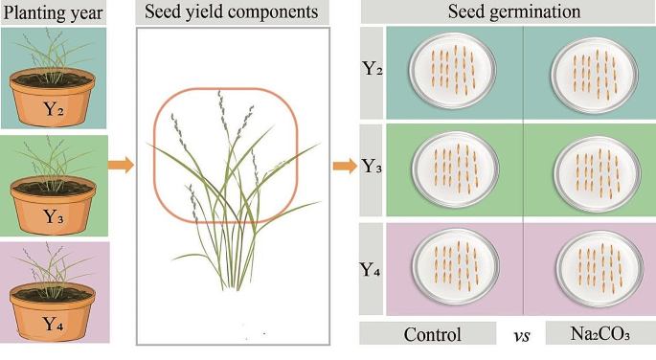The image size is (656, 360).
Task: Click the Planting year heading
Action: (x=57, y=12)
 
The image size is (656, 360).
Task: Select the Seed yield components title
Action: (x=233, y=12)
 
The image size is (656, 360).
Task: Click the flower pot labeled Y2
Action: (x=54, y=100)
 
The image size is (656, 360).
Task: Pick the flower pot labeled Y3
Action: (x=54, y=205)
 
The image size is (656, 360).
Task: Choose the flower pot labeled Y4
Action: (x=54, y=311)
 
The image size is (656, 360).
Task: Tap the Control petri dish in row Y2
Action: (x=452, y=73)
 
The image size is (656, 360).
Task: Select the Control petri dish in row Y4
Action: (x=452, y=268)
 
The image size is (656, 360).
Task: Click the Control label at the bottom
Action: (x=432, y=335)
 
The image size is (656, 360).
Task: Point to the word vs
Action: (x=522, y=335)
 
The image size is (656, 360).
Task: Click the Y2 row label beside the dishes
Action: (x=373, y=71)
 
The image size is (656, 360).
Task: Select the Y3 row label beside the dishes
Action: (x=373, y=169)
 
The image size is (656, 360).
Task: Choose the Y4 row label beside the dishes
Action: (x=373, y=269)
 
